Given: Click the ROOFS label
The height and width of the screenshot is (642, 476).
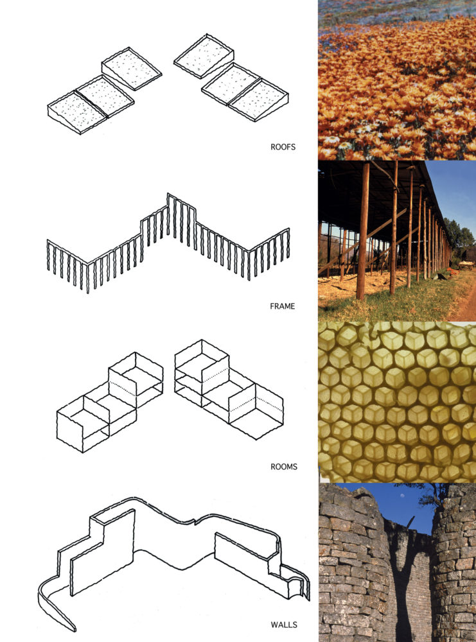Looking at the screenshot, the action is (x=283, y=146).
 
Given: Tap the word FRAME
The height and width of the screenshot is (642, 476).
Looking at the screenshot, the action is (x=282, y=306).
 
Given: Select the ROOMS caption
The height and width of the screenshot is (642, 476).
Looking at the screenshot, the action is (x=284, y=466).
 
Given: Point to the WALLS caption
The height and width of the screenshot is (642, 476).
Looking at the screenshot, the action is (x=284, y=625).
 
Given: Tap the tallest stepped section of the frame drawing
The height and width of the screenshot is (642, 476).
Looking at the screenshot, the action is (x=181, y=217).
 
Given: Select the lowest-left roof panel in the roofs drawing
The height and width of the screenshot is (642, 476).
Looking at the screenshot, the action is (x=77, y=111).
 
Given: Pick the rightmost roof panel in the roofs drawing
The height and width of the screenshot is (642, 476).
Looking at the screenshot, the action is (x=259, y=100).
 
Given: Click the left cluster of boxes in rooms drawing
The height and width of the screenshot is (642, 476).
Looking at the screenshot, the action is (x=110, y=402).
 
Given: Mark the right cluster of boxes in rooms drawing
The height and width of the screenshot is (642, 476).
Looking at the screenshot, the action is (x=229, y=389).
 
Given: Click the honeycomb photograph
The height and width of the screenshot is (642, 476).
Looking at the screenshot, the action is (x=397, y=402).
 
